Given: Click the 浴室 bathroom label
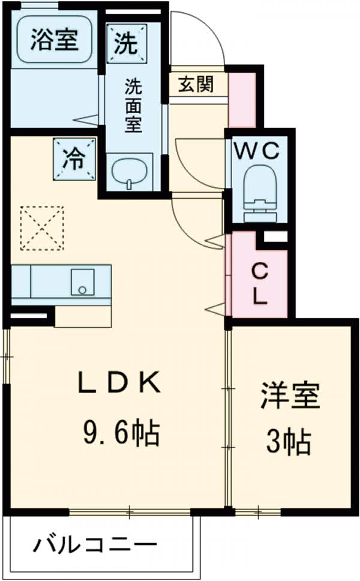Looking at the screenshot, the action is [54, 40].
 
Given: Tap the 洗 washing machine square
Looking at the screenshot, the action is [127, 43].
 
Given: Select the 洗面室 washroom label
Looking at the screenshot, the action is [133, 106].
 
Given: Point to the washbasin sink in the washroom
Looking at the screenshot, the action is [129, 172].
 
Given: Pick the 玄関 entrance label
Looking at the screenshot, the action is [196, 84].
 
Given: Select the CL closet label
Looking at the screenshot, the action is [260, 285].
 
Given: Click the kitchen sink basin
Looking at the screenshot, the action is [83, 282].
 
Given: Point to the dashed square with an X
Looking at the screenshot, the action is [42, 228].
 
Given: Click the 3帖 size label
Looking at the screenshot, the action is [289, 441].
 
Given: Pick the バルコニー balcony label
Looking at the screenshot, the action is [95, 545].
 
